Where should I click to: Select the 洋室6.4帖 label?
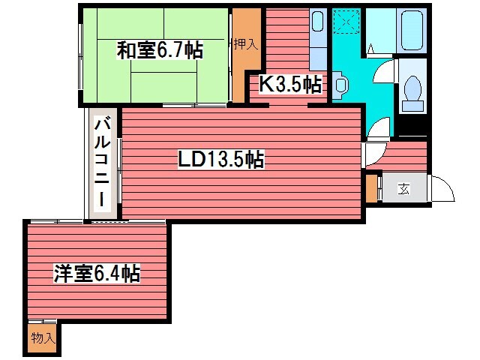[97, 273]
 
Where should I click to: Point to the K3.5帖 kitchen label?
[291, 84]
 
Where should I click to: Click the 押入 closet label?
[245, 44]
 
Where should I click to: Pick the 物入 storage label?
[43, 338]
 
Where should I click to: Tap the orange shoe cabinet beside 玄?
[372, 187]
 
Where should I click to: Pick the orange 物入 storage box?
[43, 339]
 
